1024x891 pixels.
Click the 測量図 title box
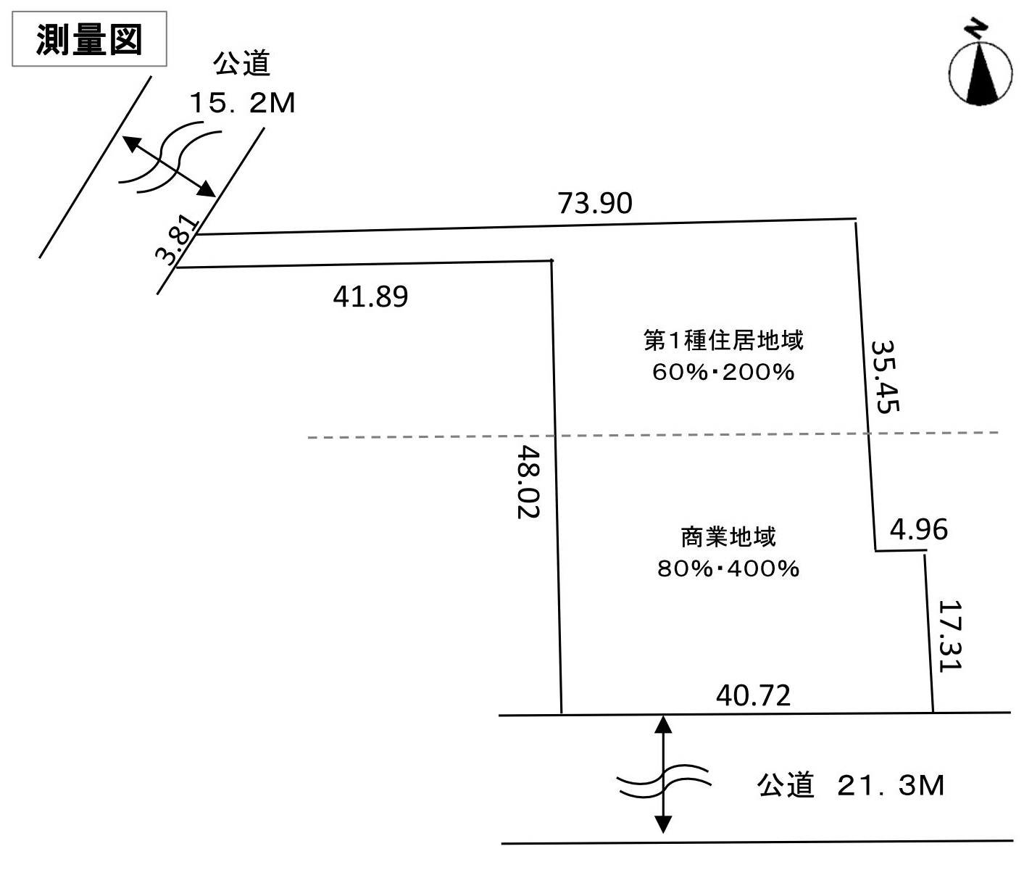(x=89, y=39)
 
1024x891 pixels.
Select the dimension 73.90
(x=595, y=203)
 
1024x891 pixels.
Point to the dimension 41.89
(x=370, y=297)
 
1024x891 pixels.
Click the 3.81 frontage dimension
(x=177, y=241)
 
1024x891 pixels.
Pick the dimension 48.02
(x=528, y=482)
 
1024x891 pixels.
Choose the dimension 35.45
(x=885, y=376)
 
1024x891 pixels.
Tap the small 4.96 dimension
(x=918, y=529)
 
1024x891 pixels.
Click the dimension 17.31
(x=950, y=636)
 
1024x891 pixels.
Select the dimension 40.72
(x=753, y=695)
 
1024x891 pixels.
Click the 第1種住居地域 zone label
(x=723, y=341)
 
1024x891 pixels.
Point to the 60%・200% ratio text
(x=723, y=372)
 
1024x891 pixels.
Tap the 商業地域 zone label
(x=728, y=537)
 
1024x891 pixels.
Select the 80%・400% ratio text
(x=728, y=568)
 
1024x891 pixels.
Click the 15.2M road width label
(x=242, y=103)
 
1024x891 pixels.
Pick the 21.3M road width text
(x=891, y=785)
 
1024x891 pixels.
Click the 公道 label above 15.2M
(x=242, y=64)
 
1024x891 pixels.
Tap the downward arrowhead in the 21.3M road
(x=663, y=824)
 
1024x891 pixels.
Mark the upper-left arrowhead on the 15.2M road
(x=130, y=144)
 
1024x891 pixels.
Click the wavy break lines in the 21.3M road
(x=664, y=781)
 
